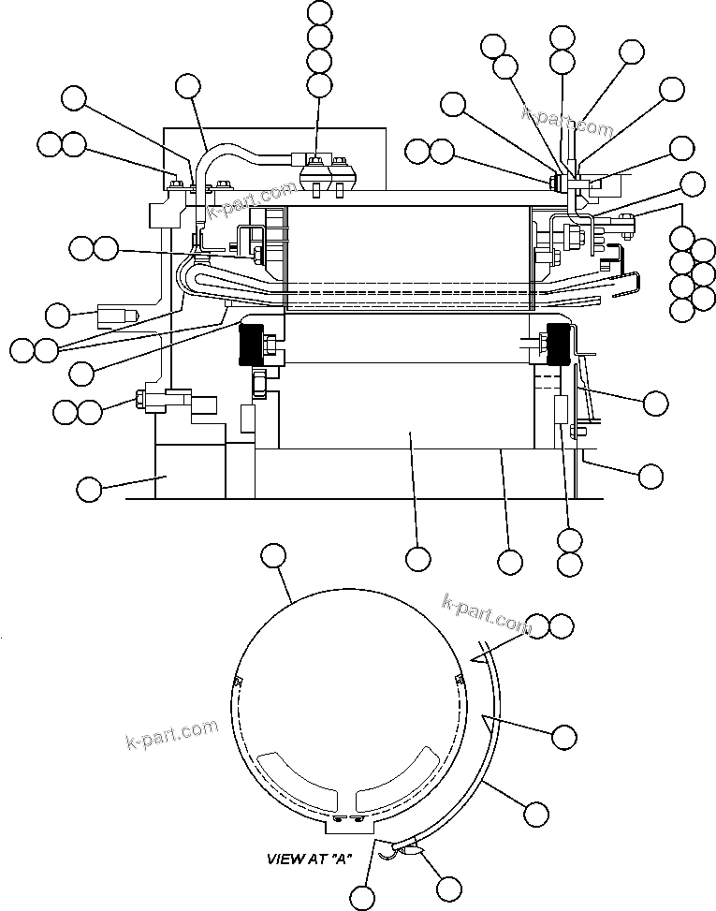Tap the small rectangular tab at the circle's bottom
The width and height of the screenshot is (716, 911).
pos(345,823)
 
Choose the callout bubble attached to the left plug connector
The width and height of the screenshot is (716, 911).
pos(58,315)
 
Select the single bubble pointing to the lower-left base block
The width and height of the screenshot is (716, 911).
pos(88,488)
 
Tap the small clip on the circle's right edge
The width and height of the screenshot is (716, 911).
pos(458,677)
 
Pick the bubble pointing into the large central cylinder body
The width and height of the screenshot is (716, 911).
pos(418,559)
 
